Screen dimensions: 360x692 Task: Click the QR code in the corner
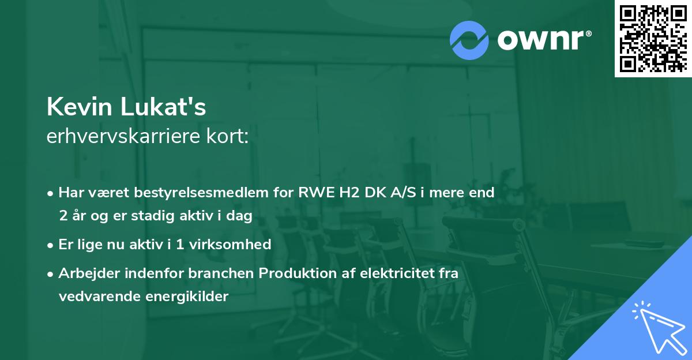pos(653,38)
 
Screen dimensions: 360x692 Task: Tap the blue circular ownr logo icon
pos(469,40)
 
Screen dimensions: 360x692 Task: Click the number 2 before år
pos(63,216)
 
